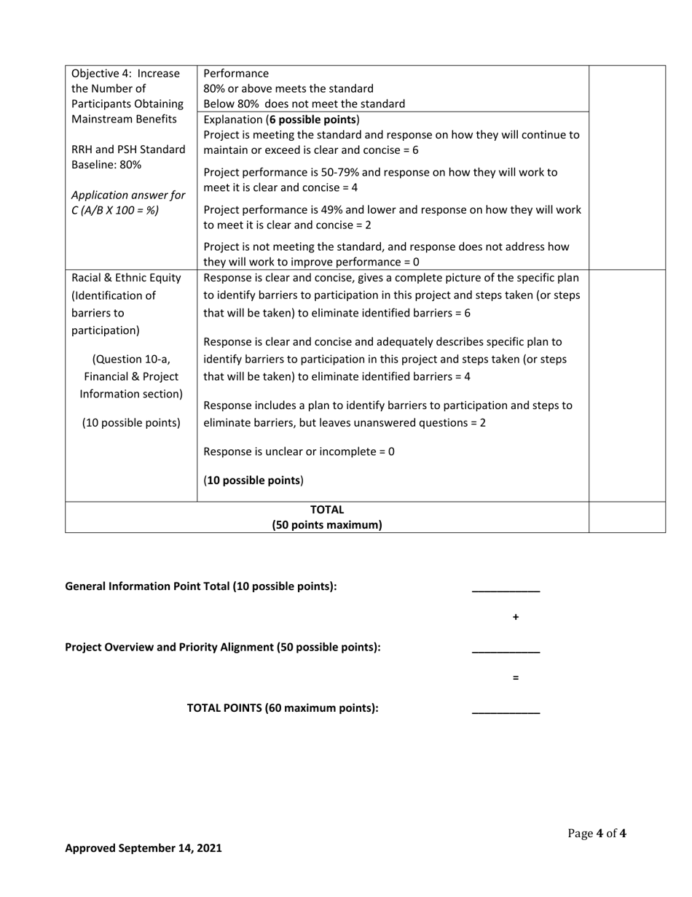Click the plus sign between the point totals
pos(515,618)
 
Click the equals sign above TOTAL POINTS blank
pos(515,678)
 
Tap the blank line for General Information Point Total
pos(506,589)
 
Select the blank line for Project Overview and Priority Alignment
pos(506,650)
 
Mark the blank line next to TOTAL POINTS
pos(506,710)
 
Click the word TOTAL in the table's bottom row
pos(327,510)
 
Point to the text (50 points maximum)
pos(327,525)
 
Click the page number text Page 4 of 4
pos(597,834)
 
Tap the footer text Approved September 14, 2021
pos(143,848)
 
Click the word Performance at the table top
pos(236,74)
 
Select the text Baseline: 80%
pos(106,165)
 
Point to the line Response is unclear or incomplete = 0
pos(299,451)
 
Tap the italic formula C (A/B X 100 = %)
pos(115,211)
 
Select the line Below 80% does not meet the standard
pos(304,104)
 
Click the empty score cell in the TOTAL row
pos(626,517)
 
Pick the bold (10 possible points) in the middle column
pos(253,481)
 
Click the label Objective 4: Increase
pos(125,74)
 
